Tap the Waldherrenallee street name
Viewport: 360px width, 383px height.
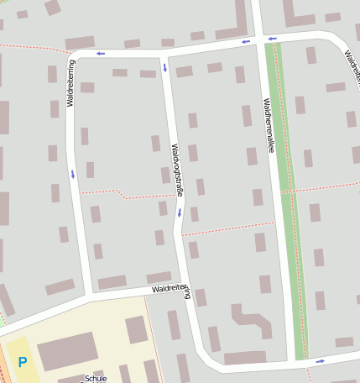(x=268, y=125)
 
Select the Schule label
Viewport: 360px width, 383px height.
(x=96, y=379)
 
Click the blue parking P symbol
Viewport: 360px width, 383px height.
(x=23, y=363)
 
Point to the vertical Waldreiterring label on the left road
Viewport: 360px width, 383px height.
(x=71, y=82)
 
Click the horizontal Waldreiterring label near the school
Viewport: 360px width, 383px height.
(x=171, y=289)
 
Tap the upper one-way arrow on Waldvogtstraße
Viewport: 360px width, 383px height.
(x=164, y=66)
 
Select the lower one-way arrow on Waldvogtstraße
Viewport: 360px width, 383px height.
(x=179, y=212)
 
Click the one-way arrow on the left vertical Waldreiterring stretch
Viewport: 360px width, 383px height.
(x=73, y=174)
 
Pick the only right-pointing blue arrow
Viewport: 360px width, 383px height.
(x=320, y=361)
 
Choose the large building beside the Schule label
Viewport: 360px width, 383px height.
(x=67, y=350)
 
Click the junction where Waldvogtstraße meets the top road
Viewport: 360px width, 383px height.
(x=164, y=53)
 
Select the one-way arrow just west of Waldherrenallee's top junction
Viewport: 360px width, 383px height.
(x=246, y=41)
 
